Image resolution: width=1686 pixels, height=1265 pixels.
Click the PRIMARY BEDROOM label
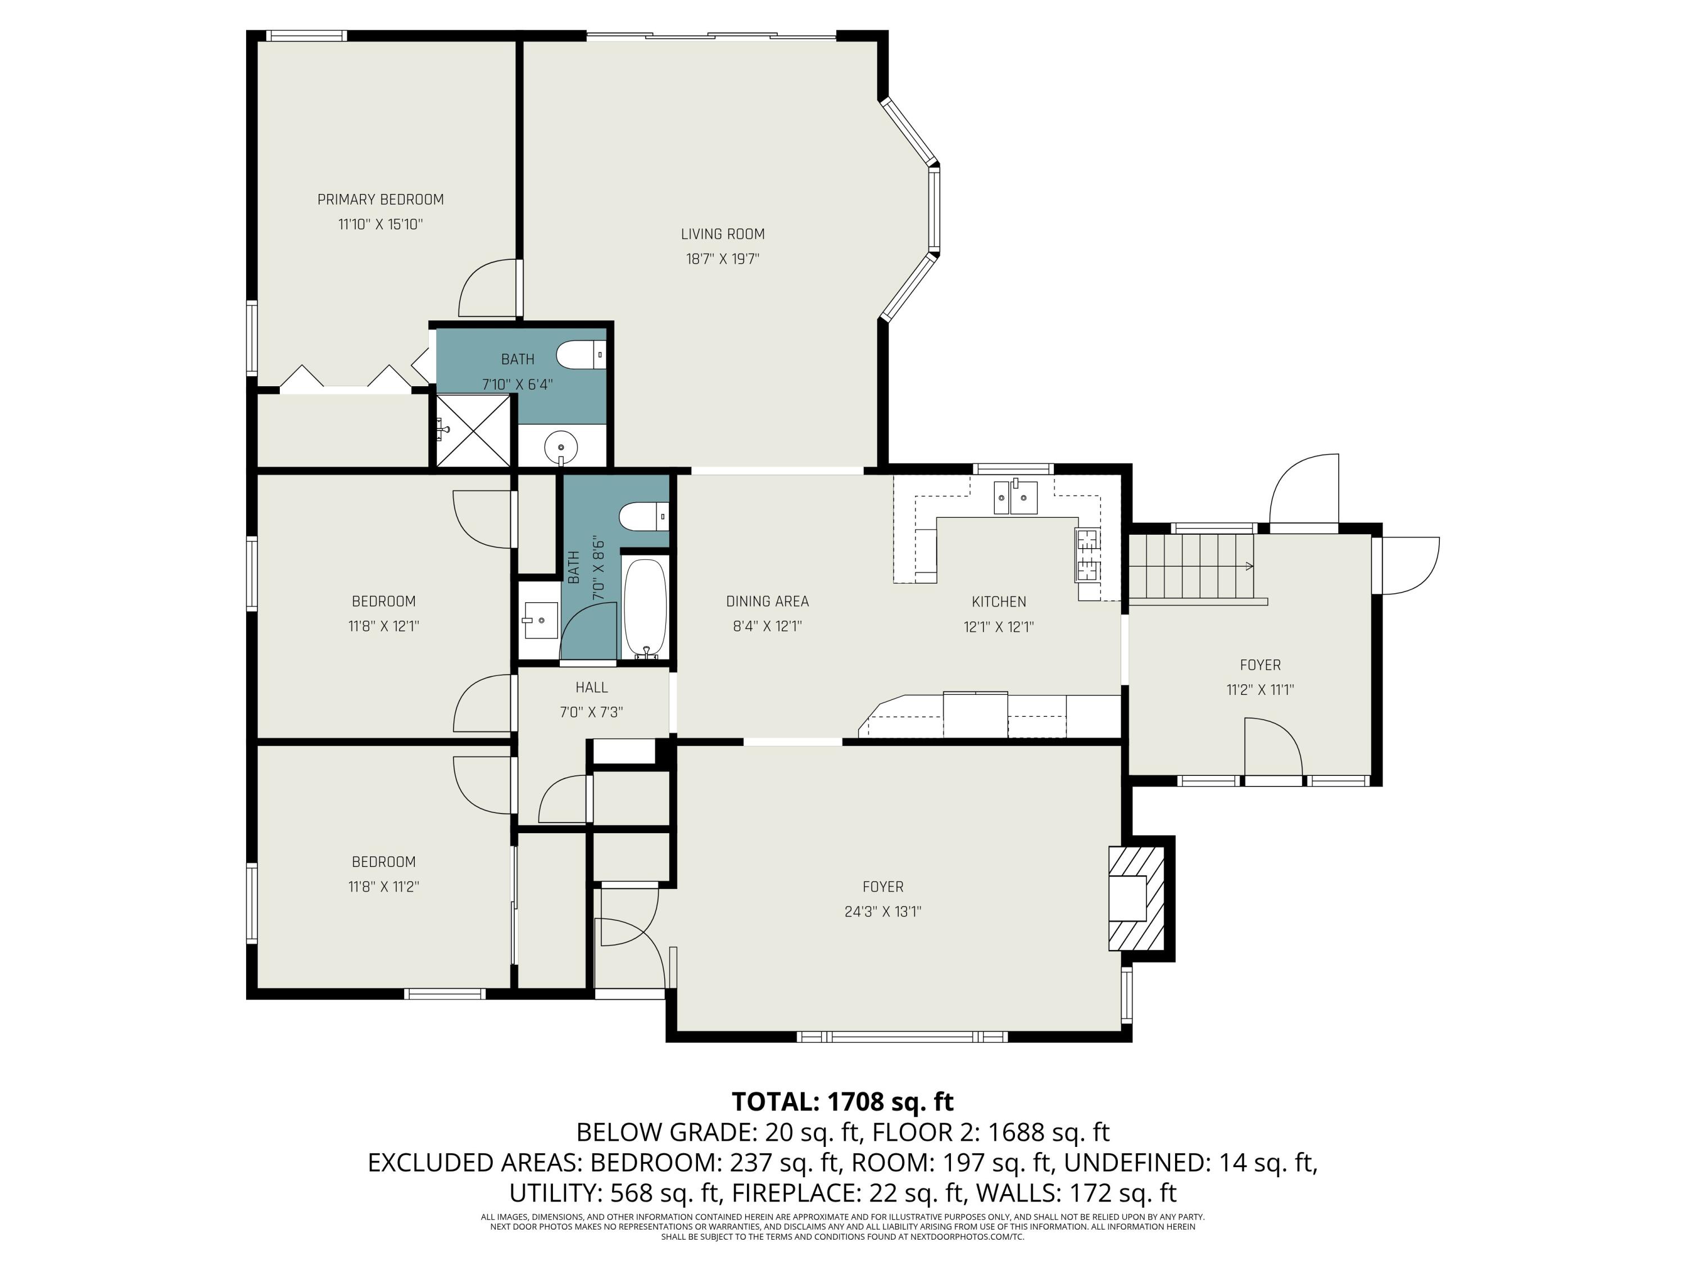coord(380,200)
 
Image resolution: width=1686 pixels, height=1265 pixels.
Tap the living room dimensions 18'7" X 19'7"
coord(723,259)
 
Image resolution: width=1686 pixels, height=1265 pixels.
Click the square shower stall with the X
coord(473,430)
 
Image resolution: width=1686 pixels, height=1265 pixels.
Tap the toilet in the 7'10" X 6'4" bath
coord(581,355)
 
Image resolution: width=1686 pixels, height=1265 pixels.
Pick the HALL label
coord(591,688)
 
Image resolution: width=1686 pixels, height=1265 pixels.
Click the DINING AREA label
coord(767,602)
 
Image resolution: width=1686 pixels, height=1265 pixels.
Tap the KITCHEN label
coord(999,602)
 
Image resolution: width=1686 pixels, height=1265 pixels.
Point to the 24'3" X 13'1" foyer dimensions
coord(883,911)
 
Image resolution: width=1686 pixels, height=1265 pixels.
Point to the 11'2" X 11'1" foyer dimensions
coord(1260,690)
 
